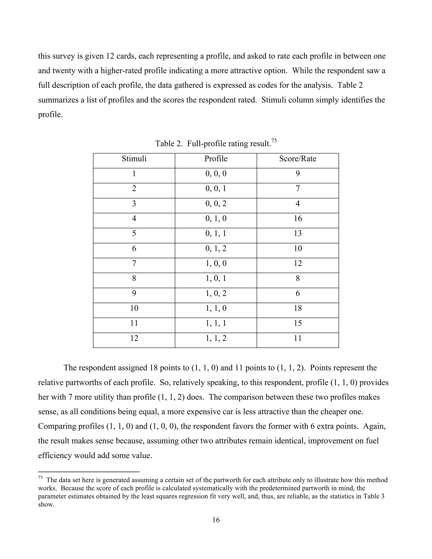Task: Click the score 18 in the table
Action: (298, 308)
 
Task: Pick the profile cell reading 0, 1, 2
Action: (216, 248)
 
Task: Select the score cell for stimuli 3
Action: (298, 204)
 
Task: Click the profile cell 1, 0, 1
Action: (216, 278)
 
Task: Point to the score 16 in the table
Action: (298, 218)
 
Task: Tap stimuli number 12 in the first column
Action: (134, 338)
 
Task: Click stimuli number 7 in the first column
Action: (134, 263)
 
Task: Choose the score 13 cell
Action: (298, 234)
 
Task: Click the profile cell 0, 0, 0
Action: (216, 174)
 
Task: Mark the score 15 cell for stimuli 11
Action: (298, 323)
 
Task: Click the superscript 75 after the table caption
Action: (274, 140)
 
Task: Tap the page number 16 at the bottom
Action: (216, 520)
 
